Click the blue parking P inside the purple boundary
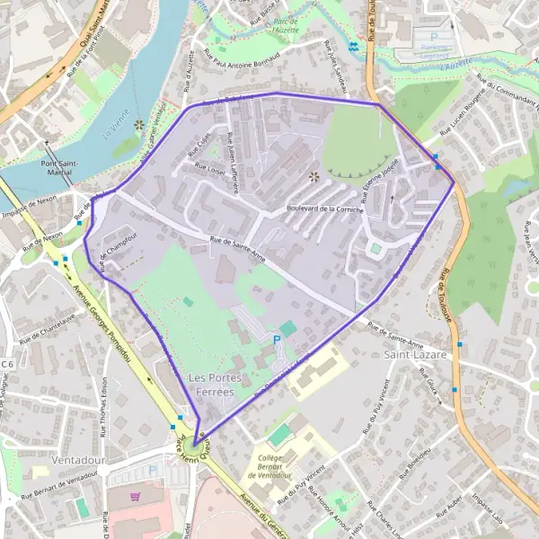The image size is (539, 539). coord(277,339)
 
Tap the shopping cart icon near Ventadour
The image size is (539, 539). coord(136,495)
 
